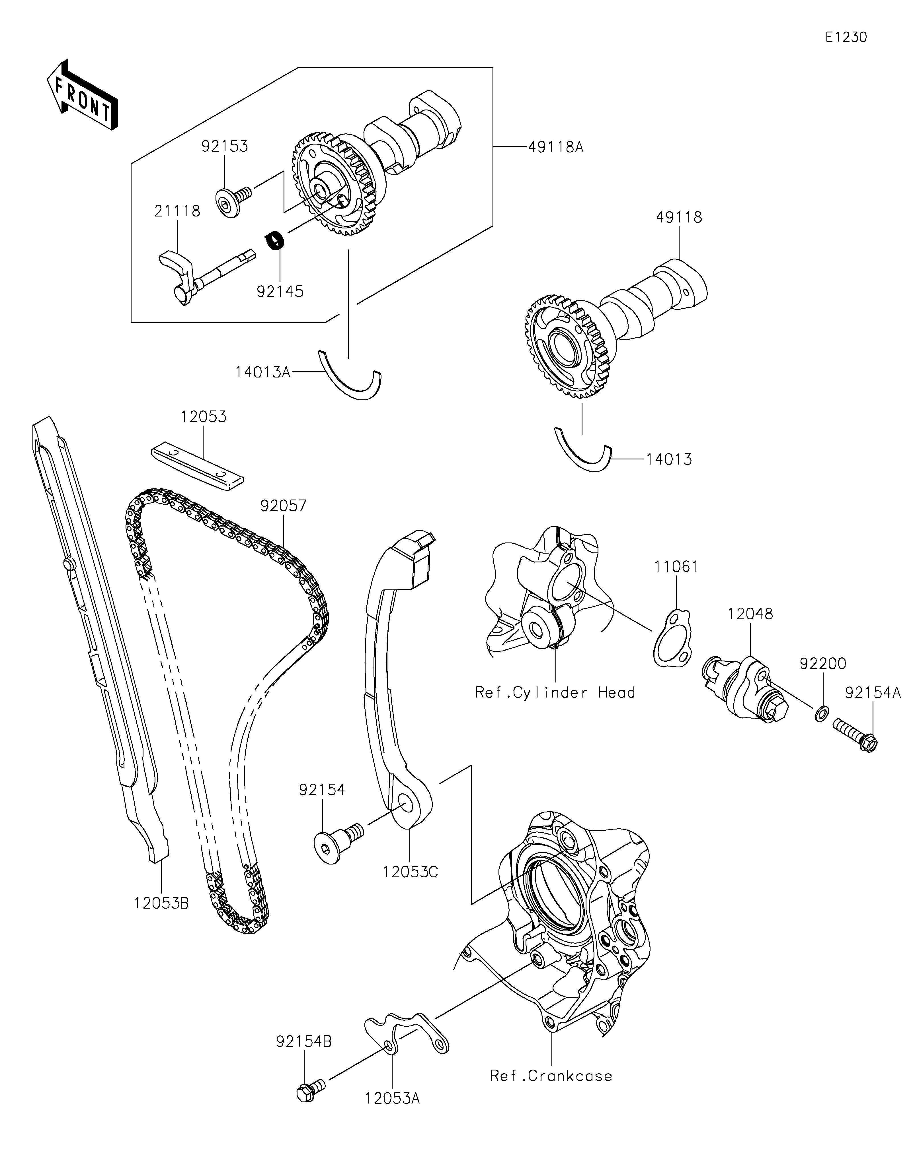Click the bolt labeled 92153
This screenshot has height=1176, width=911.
[x=234, y=200]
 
